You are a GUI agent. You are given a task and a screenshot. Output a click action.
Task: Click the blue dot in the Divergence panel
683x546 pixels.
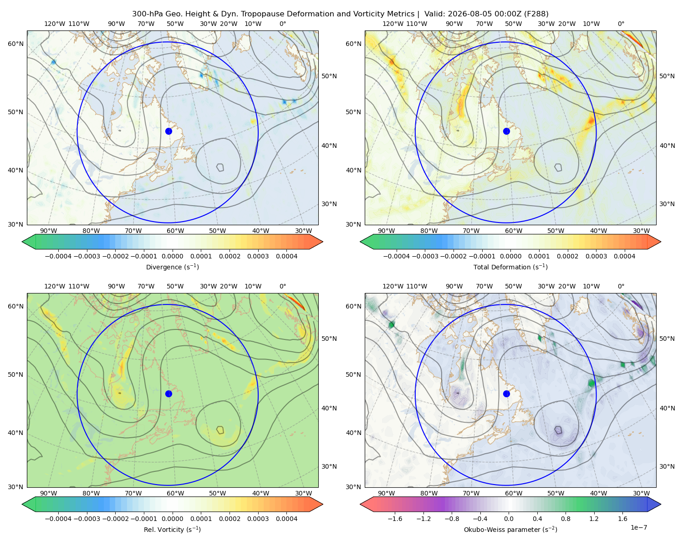pos(168,131)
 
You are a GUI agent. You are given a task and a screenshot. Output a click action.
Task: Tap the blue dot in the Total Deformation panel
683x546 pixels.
pos(506,131)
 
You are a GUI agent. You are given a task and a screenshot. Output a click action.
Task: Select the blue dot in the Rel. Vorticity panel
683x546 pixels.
pos(168,394)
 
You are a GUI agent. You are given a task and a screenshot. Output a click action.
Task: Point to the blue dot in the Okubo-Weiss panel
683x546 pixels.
pos(506,394)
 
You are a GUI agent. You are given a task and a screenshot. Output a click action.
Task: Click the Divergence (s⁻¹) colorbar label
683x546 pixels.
pos(172,267)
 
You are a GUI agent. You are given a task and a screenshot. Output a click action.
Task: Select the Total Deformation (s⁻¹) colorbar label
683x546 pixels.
pos(510,267)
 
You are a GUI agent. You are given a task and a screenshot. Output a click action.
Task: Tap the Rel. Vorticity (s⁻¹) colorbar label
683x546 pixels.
pos(172,529)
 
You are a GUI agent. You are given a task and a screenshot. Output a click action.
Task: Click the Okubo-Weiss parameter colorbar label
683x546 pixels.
pos(510,529)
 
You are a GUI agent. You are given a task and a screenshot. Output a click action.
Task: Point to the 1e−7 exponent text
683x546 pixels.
pos(638,527)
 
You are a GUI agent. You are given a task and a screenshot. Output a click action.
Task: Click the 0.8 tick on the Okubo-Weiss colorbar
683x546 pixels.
pos(566,519)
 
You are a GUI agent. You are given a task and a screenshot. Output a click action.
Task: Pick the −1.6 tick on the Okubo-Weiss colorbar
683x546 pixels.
pos(395,519)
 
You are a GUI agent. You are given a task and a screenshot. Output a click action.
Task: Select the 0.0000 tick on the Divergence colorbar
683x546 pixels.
pos(172,256)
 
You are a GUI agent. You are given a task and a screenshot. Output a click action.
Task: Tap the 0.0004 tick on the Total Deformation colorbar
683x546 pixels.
pos(624,256)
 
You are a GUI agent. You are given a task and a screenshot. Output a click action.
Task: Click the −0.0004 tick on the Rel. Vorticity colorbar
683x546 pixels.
pos(58,519)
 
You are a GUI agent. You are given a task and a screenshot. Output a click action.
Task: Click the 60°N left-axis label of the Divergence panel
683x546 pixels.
pos(15,44)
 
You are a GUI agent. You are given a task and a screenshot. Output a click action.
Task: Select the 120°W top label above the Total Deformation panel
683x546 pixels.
pos(392,24)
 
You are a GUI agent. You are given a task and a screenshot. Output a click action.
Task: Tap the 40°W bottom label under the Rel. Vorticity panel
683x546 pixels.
pos(260,493)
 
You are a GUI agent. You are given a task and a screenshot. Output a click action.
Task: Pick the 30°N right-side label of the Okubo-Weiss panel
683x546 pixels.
pos(667,466)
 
